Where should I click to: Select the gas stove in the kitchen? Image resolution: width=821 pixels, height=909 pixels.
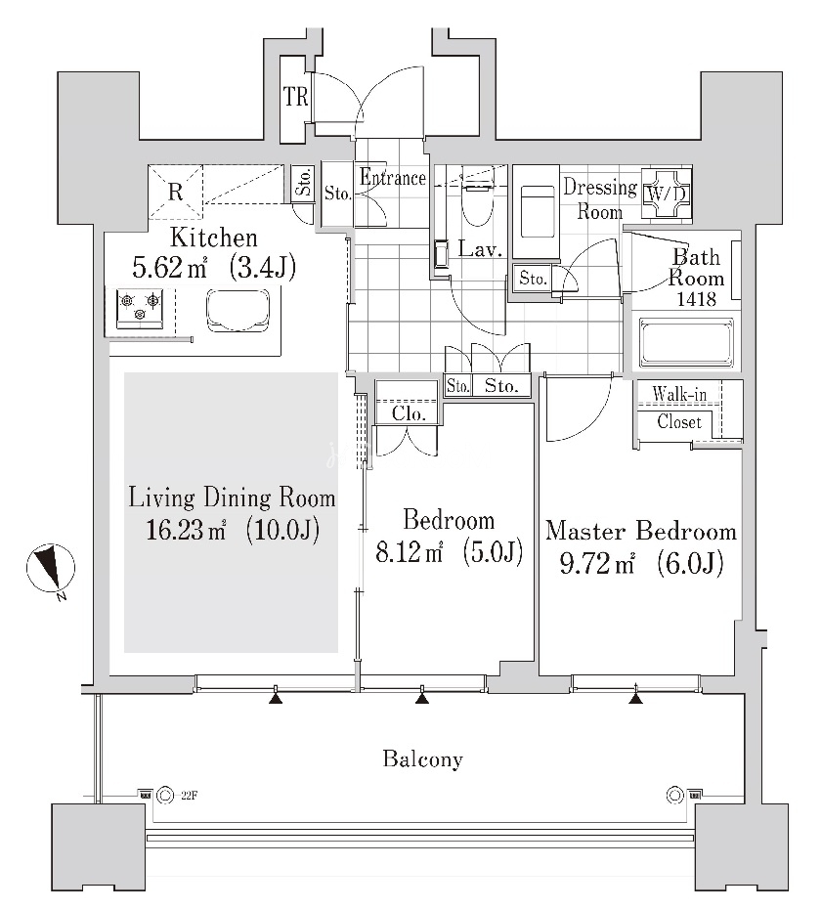pos(139,307)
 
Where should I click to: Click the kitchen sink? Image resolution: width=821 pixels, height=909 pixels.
pos(238,310)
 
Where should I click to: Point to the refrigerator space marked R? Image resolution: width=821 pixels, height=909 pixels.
pos(176,192)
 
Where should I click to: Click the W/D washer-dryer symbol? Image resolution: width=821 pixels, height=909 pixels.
pos(667,194)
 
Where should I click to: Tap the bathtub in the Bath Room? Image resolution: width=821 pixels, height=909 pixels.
pos(686,343)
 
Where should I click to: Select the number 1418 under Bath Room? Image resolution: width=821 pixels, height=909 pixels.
pos(696,299)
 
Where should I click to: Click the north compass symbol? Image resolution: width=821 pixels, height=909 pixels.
pos(51,569)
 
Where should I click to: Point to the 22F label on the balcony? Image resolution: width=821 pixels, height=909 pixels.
pos(189,796)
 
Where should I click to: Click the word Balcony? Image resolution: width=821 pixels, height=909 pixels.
pos(422,758)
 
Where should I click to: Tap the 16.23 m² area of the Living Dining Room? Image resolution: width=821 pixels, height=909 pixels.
pos(185,530)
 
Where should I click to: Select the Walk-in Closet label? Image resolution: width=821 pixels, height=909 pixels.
pos(679,408)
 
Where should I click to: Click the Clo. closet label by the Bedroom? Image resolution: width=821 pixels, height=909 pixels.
pos(409,413)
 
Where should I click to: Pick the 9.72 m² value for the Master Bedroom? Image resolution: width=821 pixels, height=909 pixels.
pos(597,563)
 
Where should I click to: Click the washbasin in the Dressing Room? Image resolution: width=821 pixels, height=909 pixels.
pos(537,211)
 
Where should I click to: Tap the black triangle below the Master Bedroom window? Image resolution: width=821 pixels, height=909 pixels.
pos(636,699)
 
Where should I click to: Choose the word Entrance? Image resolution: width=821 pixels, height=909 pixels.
pos(393,177)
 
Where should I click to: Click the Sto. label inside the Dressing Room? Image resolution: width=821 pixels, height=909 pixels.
pos(533,279)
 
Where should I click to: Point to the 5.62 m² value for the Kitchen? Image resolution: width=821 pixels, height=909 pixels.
pos(169,269)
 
